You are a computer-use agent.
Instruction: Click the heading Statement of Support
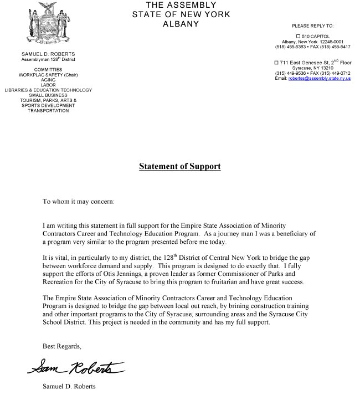[x=179, y=166]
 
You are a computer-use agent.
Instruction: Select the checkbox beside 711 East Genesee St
[x=276, y=63]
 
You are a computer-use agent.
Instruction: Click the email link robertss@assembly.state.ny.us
[x=320, y=79]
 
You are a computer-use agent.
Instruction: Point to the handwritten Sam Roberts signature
[x=75, y=367]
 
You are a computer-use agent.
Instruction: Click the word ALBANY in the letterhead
[x=179, y=24]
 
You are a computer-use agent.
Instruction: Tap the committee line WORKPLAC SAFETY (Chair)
[x=48, y=74]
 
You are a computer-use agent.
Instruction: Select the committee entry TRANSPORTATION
[x=48, y=111]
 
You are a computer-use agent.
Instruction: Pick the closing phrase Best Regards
[x=61, y=346]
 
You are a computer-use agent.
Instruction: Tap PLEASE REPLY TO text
[x=313, y=26]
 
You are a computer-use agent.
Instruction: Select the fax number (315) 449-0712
[x=336, y=73]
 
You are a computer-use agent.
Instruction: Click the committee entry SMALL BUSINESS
[x=48, y=95]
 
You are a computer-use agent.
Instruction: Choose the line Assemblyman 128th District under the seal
[x=48, y=59]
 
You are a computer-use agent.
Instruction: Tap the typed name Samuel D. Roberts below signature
[x=70, y=386]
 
